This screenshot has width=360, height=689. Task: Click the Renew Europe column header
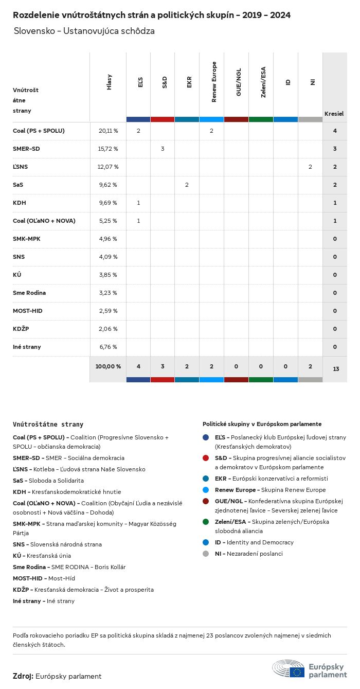(214, 82)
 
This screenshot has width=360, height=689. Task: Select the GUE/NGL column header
(239, 82)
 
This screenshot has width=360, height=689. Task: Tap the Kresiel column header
(334, 114)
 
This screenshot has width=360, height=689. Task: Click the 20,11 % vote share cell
(108, 131)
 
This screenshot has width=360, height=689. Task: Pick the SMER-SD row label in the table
(26, 149)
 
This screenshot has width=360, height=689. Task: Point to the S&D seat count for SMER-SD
(163, 149)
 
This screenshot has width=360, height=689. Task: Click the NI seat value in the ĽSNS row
(310, 167)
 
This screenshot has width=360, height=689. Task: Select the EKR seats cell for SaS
(187, 185)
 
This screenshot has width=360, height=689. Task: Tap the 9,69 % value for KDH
(108, 203)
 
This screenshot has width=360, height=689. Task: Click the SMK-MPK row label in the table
(27, 239)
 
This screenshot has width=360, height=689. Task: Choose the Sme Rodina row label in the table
(29, 293)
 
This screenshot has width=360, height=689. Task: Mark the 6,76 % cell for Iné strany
(108, 347)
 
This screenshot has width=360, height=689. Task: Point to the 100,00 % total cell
(108, 367)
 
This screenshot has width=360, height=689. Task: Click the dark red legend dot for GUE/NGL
(206, 501)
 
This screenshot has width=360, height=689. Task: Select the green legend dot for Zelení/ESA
(206, 522)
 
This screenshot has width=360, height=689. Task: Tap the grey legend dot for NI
(206, 554)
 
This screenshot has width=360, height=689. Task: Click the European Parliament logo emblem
(289, 668)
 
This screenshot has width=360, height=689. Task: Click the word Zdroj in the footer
(23, 677)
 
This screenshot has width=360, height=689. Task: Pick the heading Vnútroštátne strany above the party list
(48, 425)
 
